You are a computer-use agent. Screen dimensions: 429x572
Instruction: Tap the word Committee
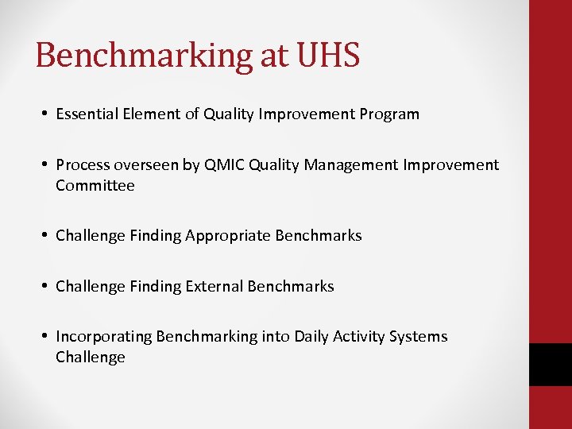coord(95,186)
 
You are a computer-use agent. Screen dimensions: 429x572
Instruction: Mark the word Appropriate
coord(228,236)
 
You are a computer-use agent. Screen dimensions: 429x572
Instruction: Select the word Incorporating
coord(103,337)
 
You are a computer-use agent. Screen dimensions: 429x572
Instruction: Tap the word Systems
coord(419,337)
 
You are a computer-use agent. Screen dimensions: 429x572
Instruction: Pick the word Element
coord(150,114)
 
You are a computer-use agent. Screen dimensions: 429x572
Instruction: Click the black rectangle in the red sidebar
coord(551,365)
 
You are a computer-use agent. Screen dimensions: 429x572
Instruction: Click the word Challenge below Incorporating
coord(91,357)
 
